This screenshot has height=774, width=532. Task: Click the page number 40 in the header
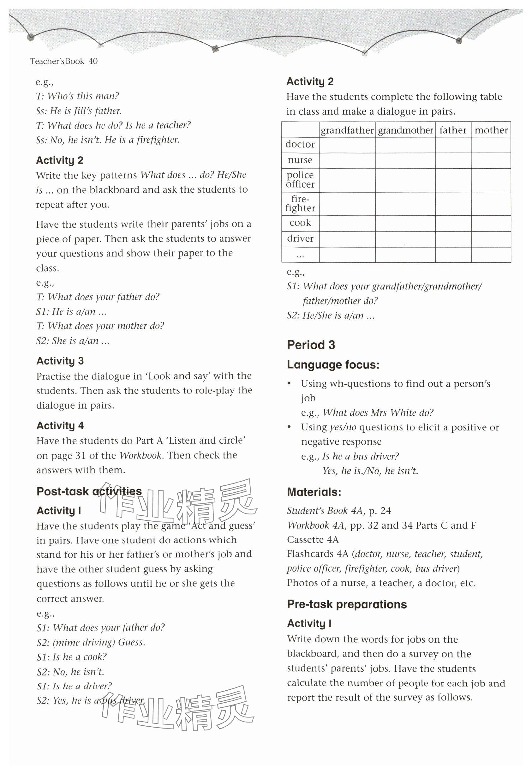pos(93,61)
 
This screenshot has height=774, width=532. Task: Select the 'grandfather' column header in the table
pos(347,130)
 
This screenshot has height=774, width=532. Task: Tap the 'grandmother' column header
pos(405,130)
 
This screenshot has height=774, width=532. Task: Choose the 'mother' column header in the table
pos(491,130)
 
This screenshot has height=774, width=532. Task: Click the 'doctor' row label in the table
pos(300,145)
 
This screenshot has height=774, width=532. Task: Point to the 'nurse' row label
pos(300,160)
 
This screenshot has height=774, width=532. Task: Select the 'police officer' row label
pos(300,180)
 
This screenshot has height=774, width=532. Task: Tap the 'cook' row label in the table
pos(300,223)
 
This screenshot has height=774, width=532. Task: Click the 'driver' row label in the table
pos(300,239)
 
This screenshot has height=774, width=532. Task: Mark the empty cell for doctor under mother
pos(491,145)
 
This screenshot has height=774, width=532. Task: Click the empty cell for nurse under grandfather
pos(347,161)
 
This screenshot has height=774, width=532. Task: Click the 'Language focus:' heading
pos(333,365)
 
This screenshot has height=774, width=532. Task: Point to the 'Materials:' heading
pos(314,492)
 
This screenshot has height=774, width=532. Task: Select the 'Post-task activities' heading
pos(89,491)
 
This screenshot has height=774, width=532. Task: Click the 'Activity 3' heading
pos(60,361)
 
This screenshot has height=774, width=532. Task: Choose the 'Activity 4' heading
pos(60,426)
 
